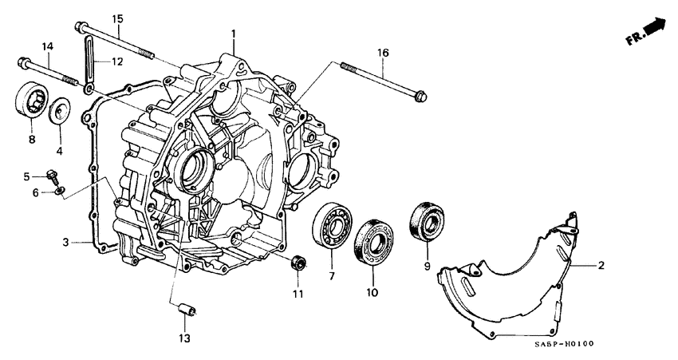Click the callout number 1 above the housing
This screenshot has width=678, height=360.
(234, 34)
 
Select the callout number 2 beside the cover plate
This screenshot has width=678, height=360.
(601, 265)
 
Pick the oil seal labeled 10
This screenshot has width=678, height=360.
(372, 237)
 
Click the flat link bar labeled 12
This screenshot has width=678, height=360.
(89, 60)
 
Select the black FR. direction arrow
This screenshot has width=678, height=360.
(653, 28)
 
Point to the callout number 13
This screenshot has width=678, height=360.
(184, 339)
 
